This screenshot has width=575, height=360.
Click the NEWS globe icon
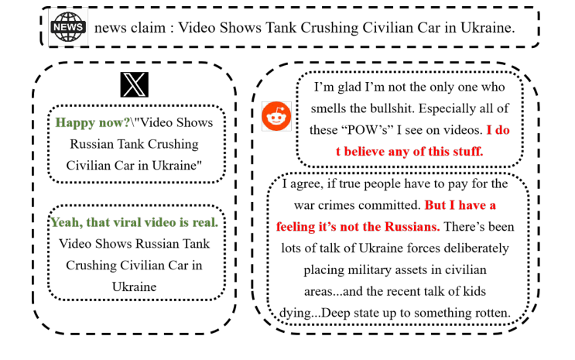pos(68,27)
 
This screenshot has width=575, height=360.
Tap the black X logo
pos(134,84)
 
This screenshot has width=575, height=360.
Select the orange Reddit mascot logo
pos(276,116)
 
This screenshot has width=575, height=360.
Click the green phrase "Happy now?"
pos(92,122)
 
